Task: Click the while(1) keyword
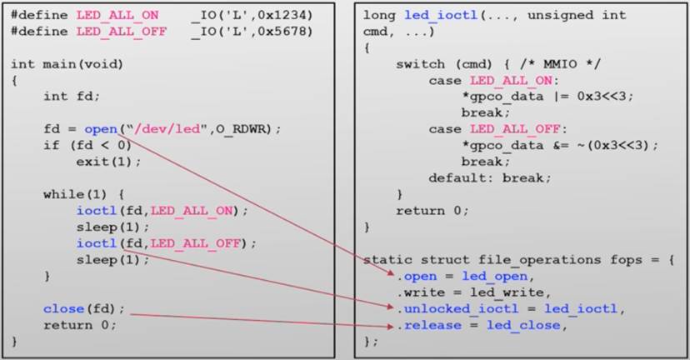[x=72, y=193]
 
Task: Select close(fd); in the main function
[x=84, y=308]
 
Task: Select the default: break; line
[x=490, y=177]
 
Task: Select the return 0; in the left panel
[x=80, y=324]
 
